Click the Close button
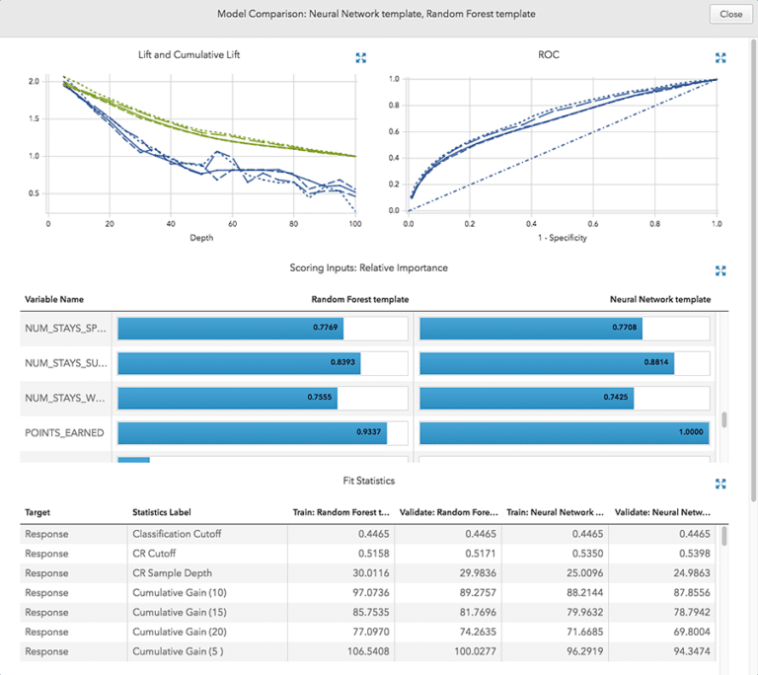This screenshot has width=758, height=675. (x=730, y=15)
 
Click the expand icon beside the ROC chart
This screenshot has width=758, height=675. (x=720, y=58)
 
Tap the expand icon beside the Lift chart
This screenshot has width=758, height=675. (x=361, y=58)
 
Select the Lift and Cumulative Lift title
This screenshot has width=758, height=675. (x=189, y=55)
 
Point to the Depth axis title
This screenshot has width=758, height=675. (x=201, y=238)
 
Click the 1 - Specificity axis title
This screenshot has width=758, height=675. (x=563, y=238)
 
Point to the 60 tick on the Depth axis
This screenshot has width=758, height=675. (x=232, y=224)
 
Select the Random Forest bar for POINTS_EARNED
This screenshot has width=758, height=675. (x=252, y=432)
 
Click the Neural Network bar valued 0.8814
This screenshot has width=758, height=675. (x=547, y=363)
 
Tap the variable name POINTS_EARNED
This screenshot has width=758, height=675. (x=64, y=432)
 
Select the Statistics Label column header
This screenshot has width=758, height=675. (x=164, y=513)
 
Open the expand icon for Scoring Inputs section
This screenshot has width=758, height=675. (x=720, y=269)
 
